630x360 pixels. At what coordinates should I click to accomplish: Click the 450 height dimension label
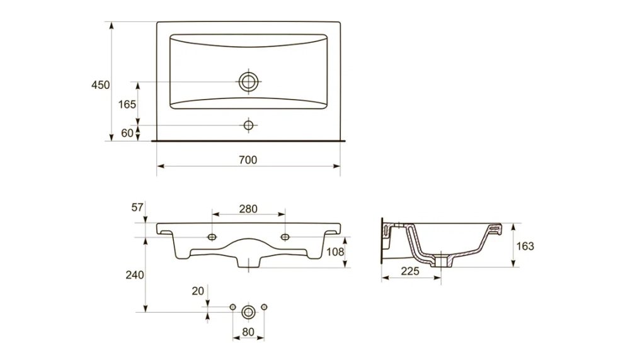click(100, 85)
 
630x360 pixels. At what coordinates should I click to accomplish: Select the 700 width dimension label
click(248, 160)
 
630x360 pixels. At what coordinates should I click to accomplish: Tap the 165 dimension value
click(127, 105)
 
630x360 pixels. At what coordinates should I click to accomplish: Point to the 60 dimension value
click(127, 133)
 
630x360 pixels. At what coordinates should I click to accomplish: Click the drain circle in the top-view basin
click(248, 82)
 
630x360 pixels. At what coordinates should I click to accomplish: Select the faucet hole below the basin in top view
click(248, 125)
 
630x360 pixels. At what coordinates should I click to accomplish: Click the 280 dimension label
click(248, 209)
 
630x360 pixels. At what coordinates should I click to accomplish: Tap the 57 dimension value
click(137, 207)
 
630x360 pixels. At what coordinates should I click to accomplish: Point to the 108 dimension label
click(335, 252)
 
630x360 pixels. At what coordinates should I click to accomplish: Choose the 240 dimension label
click(135, 275)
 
